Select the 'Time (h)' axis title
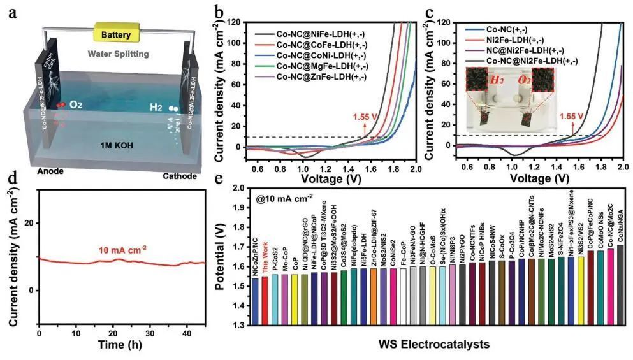pos(122,347)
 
